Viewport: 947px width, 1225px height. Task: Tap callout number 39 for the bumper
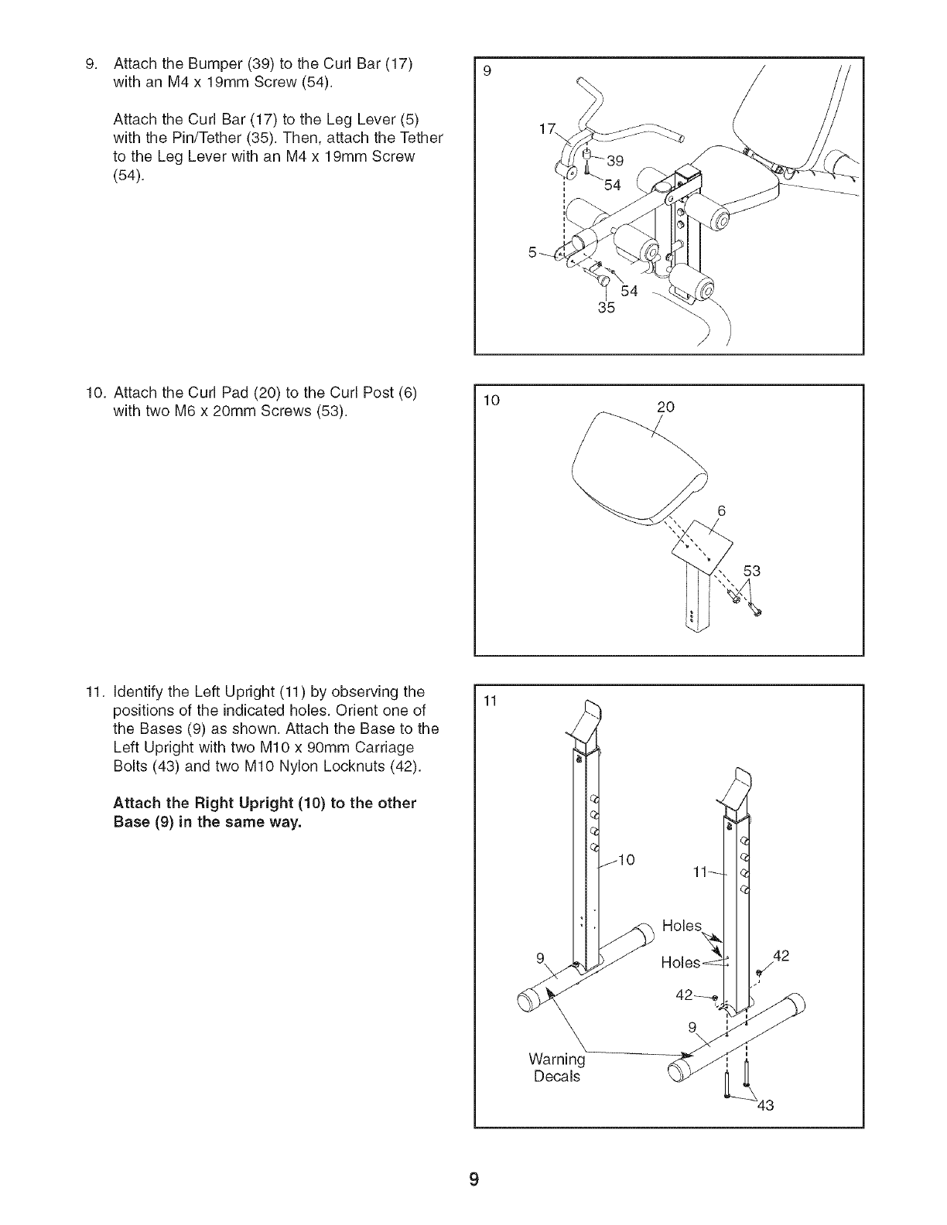point(615,161)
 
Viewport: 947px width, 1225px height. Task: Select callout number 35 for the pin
point(606,309)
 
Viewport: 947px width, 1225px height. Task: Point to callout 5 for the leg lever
point(532,251)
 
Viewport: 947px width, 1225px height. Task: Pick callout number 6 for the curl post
point(721,511)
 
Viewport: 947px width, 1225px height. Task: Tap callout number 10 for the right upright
point(627,859)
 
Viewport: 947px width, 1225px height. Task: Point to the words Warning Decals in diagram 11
point(556,1066)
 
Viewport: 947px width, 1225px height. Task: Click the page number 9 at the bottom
point(474,1179)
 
